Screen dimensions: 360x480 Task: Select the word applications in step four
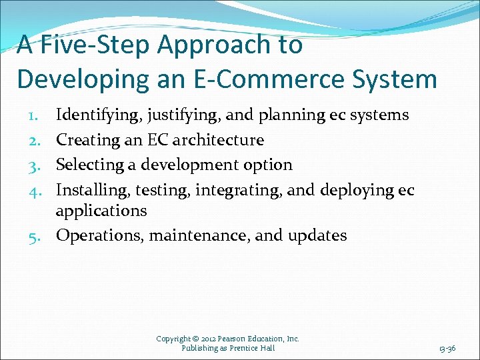coord(101,211)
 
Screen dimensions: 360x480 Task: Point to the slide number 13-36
coord(447,348)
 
